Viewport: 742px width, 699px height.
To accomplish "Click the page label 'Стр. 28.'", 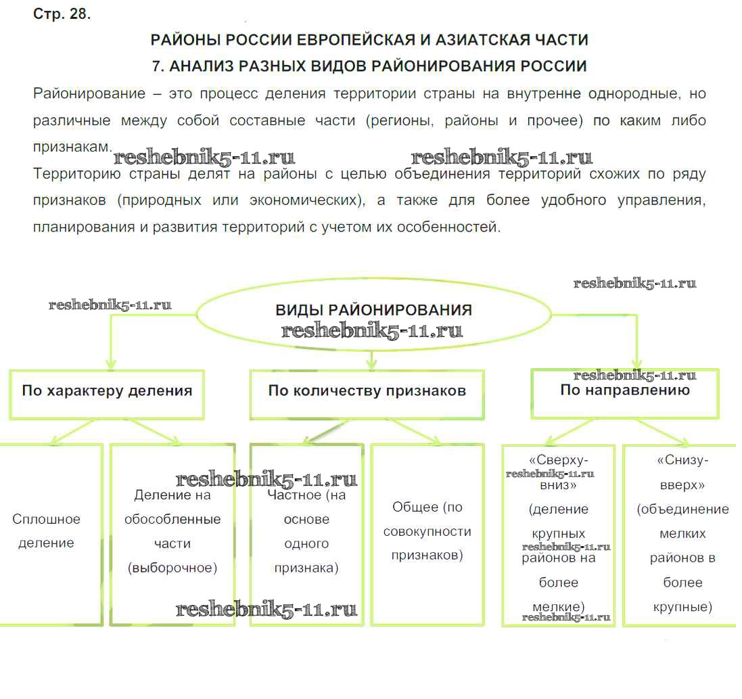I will [x=62, y=14].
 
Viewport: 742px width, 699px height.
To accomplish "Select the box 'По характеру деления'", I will [x=107, y=392].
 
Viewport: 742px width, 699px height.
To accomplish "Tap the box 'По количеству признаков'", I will [x=367, y=392].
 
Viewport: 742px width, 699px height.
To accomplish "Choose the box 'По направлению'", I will [x=624, y=392].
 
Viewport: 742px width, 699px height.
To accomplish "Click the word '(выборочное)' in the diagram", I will [x=172, y=568].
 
